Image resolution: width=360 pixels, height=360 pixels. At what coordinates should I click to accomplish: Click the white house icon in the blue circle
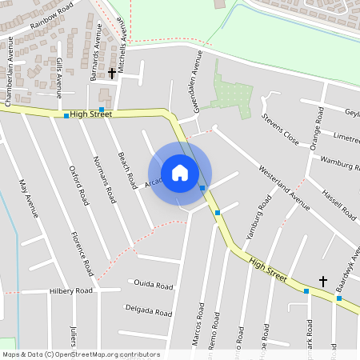[x=180, y=173]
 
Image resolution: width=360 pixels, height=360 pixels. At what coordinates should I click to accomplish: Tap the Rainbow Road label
[x=50, y=18]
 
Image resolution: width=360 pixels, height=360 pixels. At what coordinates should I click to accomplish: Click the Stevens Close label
[x=280, y=130]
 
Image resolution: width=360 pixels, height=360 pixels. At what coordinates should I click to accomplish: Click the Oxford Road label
[x=78, y=186]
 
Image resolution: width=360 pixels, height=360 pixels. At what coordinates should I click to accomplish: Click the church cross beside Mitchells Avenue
[x=111, y=73]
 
